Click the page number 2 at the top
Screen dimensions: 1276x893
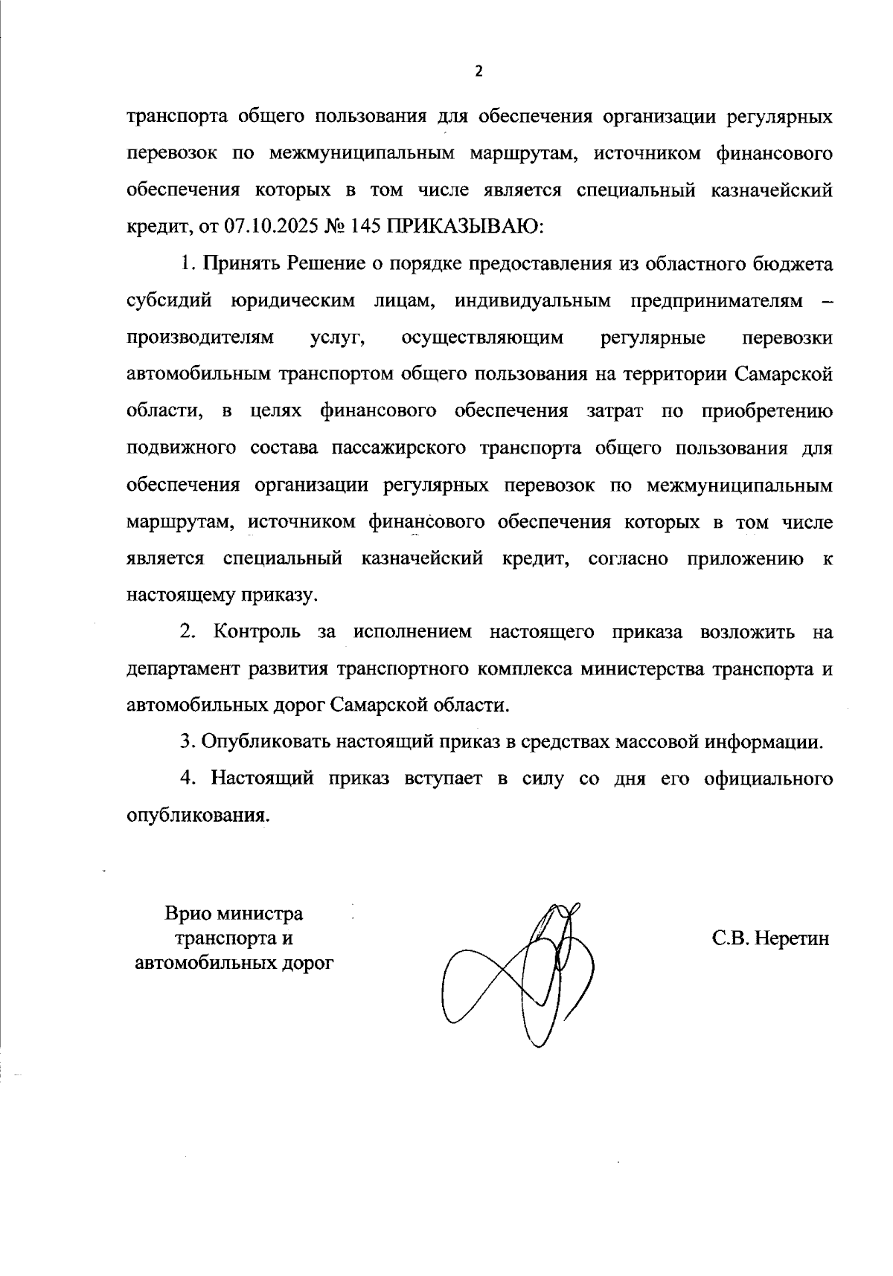(478, 71)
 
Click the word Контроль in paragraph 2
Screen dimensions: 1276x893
(257, 632)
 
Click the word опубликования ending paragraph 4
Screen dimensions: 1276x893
(196, 815)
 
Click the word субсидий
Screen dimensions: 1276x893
(170, 301)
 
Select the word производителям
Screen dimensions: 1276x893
(200, 338)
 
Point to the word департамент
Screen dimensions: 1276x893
(191, 668)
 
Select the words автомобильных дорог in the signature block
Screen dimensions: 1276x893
(234, 963)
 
